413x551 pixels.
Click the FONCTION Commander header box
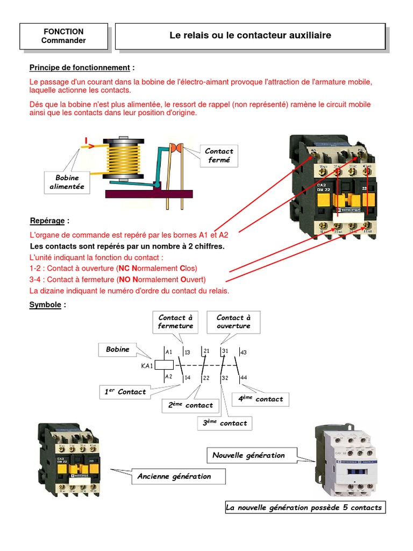coord(63,36)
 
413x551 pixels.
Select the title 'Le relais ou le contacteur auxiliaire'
coord(250,36)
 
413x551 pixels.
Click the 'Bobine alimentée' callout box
coord(67,182)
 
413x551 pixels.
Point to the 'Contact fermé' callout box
coord(219,156)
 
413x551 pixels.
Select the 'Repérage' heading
coord(49,221)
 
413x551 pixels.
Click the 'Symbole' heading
coord(48,305)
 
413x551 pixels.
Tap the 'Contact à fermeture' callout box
coord(175,322)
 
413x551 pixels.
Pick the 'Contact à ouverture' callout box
coord(233,322)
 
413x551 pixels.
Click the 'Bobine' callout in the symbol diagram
coord(118,350)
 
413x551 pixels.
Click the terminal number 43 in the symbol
coord(244,352)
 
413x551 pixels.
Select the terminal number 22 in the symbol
coord(205,378)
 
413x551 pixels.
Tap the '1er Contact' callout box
coord(125,392)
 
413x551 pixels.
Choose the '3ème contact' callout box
coord(225,423)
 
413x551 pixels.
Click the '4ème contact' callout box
coord(261,399)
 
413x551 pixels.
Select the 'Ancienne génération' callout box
coord(174,476)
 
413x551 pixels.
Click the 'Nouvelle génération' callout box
coord(248,455)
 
